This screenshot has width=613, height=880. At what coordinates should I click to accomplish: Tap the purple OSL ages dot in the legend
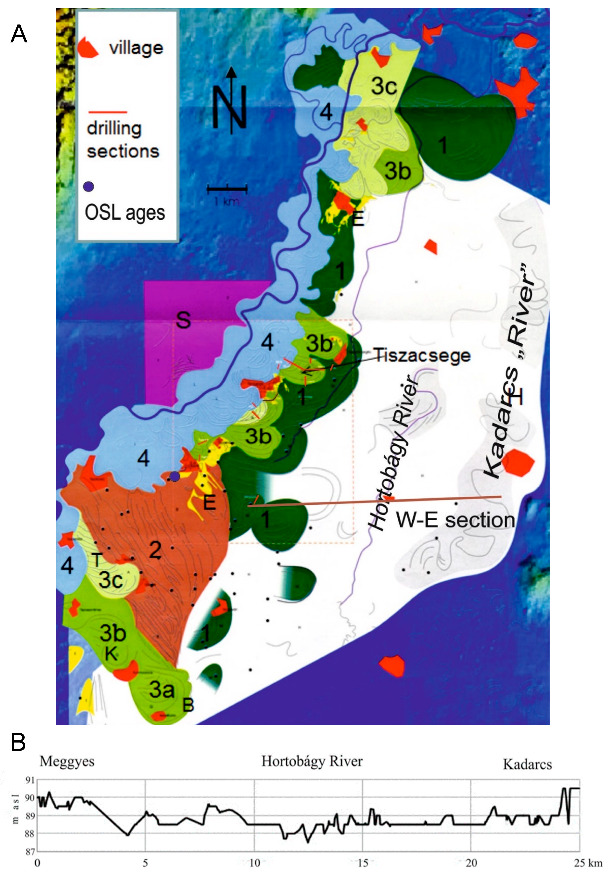[88, 187]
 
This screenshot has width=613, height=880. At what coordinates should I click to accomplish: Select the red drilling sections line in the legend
[108, 112]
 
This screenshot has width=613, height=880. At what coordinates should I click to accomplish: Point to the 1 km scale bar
[227, 188]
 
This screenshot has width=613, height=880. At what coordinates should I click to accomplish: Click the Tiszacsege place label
[422, 355]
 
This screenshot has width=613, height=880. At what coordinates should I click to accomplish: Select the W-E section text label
[455, 520]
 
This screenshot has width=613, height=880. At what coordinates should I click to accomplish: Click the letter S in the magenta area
[183, 320]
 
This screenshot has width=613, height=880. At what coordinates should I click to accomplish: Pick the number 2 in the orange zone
[155, 550]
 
